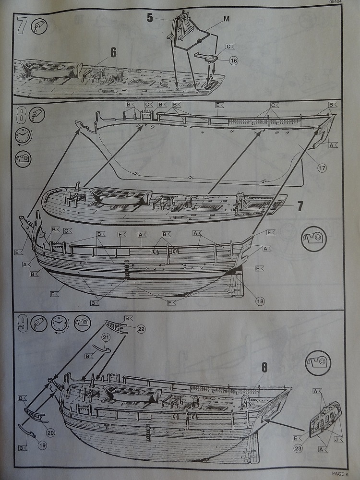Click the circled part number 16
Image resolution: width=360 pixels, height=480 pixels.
233,61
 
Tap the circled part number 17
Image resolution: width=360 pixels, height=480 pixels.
321,168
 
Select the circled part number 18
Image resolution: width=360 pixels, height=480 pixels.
260,301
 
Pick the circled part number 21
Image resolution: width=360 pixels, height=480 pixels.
106,338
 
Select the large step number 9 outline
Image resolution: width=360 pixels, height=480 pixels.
22,323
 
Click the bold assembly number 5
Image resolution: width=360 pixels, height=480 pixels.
150,19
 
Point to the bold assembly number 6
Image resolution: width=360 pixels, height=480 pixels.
113,53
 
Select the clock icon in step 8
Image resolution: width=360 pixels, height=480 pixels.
22,135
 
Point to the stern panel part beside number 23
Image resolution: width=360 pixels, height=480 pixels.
325,420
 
